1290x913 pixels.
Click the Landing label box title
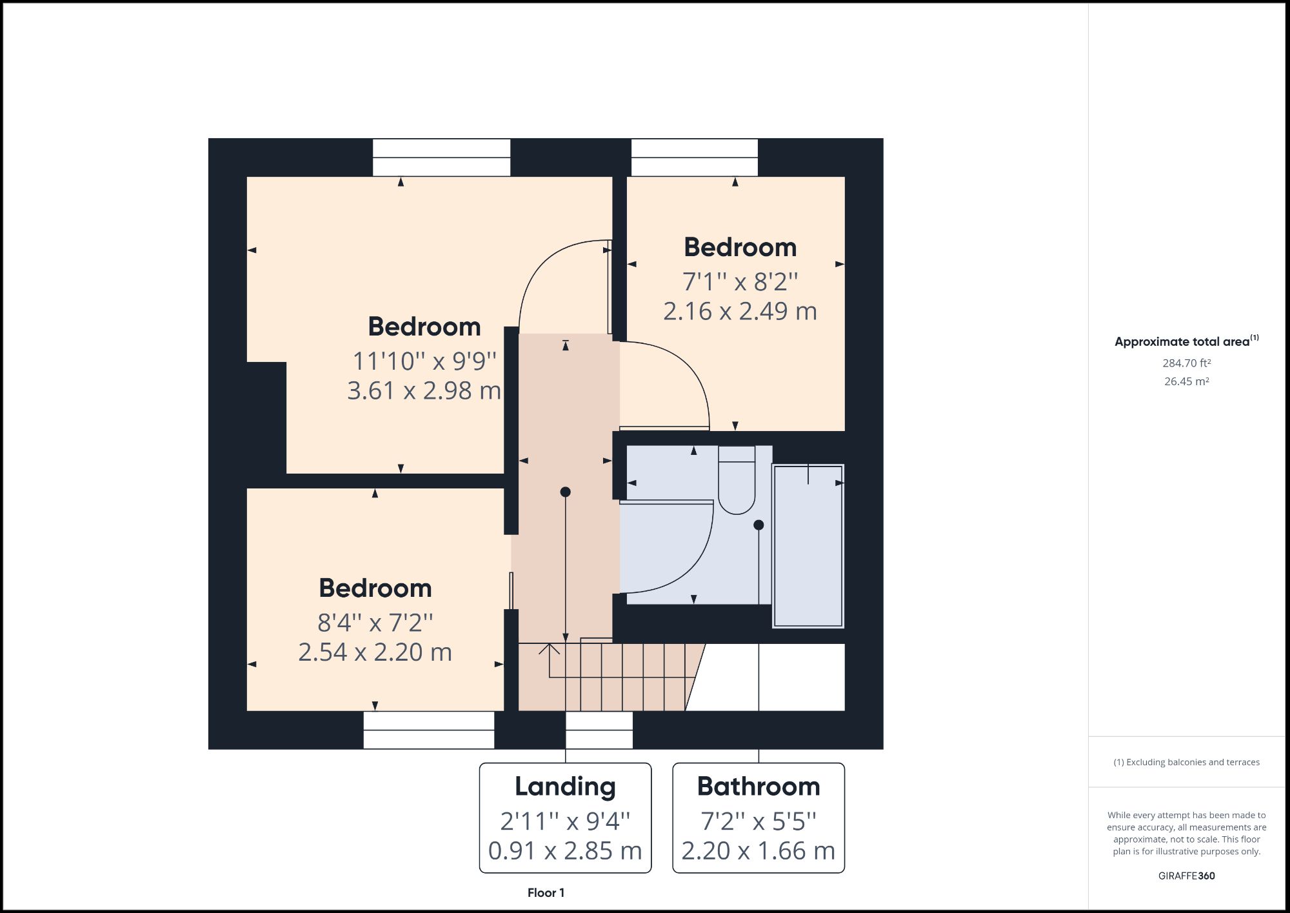tap(565, 787)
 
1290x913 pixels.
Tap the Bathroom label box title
tap(759, 787)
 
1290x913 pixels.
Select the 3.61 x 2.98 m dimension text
tap(424, 390)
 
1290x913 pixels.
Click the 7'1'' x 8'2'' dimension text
tap(740, 282)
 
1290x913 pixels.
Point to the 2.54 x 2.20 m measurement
tap(375, 652)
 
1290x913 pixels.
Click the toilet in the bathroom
tap(737, 481)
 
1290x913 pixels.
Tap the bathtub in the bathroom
tap(808, 546)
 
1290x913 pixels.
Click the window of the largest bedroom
tap(441, 157)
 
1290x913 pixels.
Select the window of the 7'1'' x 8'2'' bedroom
tap(694, 157)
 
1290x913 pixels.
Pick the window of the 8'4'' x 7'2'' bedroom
tap(428, 730)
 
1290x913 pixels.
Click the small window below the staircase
tap(599, 730)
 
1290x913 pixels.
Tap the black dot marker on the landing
tap(566, 492)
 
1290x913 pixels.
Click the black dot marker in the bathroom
tap(759, 525)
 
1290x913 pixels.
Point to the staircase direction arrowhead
tap(549, 648)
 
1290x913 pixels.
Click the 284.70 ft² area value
tap(1186, 363)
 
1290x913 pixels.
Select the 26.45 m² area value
tap(1186, 381)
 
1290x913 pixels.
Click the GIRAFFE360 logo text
tap(1186, 876)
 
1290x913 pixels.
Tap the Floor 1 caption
tap(546, 893)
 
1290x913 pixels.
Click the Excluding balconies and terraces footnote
tap(1186, 762)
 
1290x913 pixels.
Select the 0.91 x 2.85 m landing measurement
tap(565, 851)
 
